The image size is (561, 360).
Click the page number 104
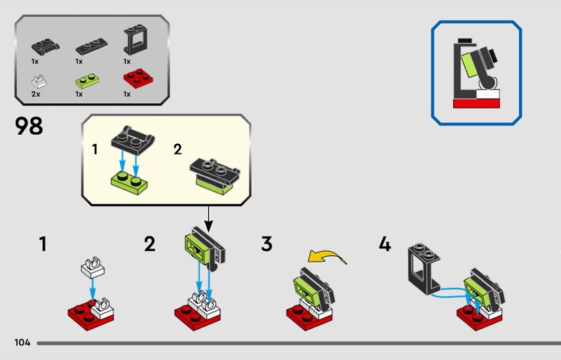(x=22, y=342)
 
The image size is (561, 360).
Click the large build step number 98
(x=29, y=126)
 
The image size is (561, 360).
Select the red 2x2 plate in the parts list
(x=137, y=79)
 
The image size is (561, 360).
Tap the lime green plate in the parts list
(x=87, y=81)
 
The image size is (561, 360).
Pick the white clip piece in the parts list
(x=39, y=81)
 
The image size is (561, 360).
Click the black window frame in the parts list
(x=135, y=39)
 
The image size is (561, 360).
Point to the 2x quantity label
(x=36, y=94)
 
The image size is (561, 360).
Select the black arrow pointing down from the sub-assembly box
(x=208, y=219)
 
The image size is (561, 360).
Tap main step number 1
(x=43, y=244)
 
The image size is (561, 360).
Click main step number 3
(x=266, y=244)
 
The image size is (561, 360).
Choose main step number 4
(x=384, y=244)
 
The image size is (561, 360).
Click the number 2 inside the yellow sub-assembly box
(x=177, y=149)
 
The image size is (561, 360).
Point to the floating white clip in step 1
(x=93, y=267)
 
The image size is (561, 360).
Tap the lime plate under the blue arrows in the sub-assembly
(x=129, y=182)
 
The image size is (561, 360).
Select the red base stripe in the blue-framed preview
(x=476, y=104)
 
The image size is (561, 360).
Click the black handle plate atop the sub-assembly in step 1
(x=133, y=140)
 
